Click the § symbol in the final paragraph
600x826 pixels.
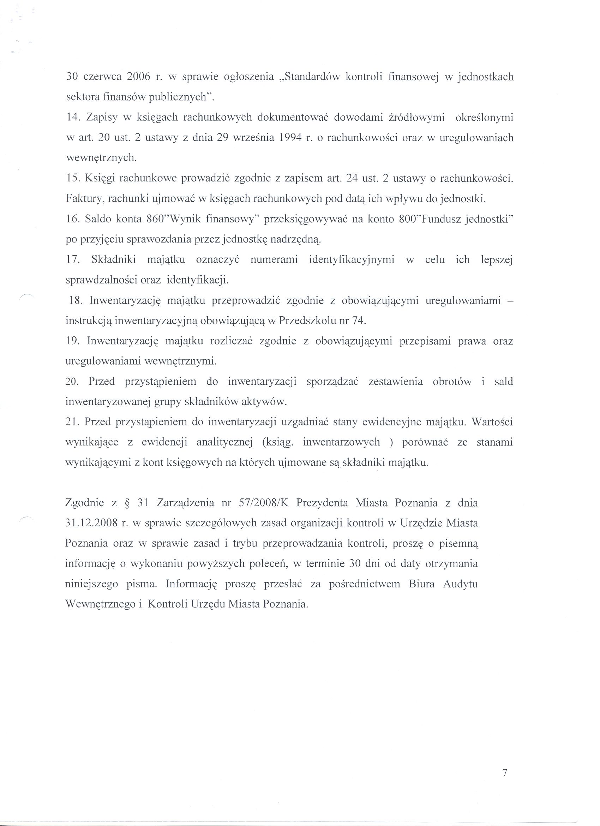(127, 503)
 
